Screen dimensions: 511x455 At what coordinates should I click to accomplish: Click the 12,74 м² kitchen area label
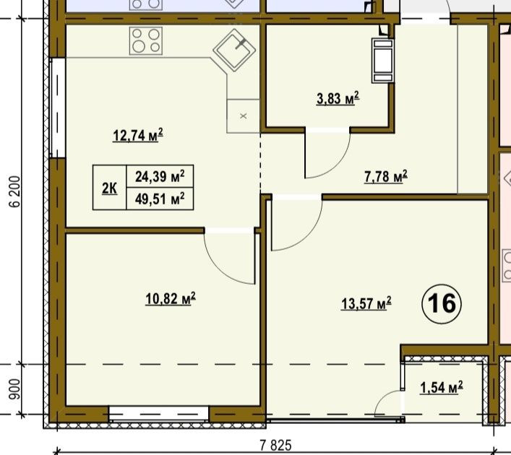[x=138, y=135]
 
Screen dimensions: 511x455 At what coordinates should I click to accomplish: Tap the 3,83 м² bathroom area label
[x=338, y=98]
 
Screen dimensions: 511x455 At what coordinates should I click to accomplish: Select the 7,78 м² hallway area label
[x=386, y=176]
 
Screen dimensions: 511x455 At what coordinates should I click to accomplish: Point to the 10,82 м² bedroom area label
[x=171, y=299]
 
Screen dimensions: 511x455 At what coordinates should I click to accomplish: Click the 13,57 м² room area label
[x=366, y=303]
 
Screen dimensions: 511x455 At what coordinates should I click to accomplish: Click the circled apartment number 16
[x=442, y=303]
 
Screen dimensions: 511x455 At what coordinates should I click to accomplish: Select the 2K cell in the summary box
[x=110, y=188]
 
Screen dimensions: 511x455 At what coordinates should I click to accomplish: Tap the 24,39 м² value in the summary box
[x=160, y=176]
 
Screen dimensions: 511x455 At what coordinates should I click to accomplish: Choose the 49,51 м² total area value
[x=160, y=199]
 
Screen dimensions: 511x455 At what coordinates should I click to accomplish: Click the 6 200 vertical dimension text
[x=15, y=192]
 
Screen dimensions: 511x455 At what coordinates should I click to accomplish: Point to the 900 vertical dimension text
[x=14, y=389]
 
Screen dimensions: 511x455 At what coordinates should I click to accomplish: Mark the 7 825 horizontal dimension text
[x=275, y=445]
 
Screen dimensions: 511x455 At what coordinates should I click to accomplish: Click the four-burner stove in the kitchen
[x=146, y=40]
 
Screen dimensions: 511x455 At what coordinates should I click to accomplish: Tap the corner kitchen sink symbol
[x=234, y=51]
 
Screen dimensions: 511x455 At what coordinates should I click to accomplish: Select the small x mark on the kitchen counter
[x=243, y=116]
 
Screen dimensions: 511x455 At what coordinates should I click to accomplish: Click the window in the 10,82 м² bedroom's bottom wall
[x=159, y=414]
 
